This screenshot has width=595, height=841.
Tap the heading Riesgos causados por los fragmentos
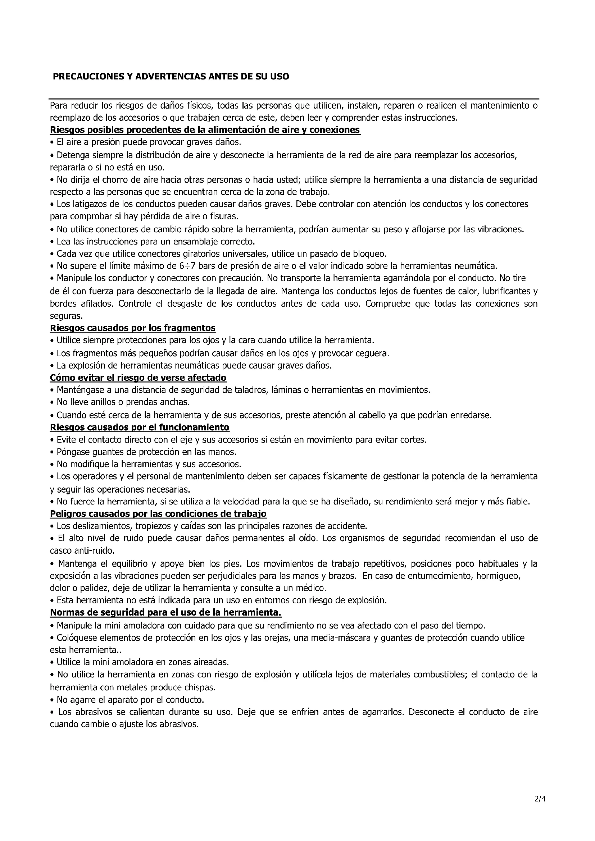pos(133,328)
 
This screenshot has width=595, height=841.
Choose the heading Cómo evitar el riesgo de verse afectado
pos(138,377)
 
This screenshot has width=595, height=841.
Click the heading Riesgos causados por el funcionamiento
pos(140,427)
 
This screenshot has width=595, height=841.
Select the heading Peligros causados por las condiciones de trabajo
pos(158,513)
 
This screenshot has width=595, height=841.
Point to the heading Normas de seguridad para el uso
pos(165,612)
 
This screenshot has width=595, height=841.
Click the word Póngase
pos(72,452)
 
